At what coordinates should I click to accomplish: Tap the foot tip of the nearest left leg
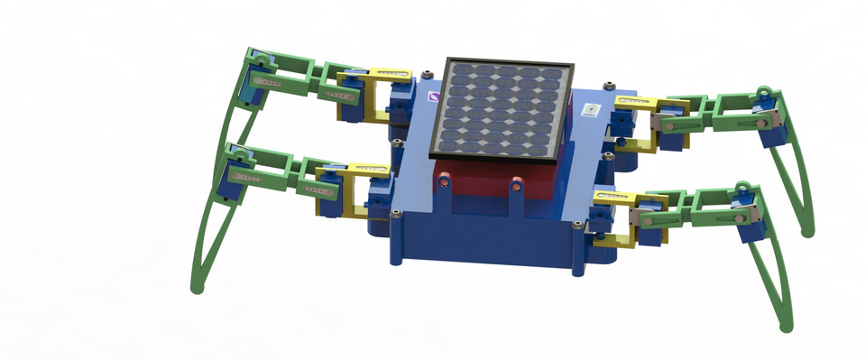[x=196, y=288]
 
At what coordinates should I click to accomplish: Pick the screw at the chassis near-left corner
[x=396, y=214]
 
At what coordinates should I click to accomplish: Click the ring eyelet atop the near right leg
[x=744, y=188]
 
